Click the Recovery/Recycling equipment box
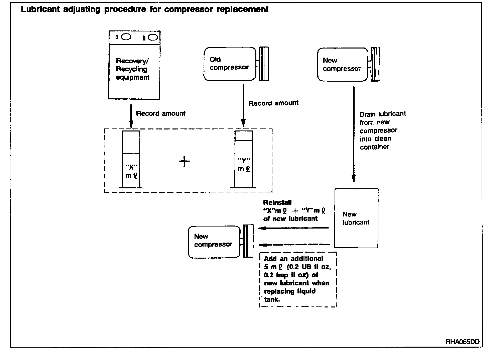pos(134,65)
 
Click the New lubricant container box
pos(356,218)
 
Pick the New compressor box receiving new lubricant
pos(214,242)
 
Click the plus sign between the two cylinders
pos(184,162)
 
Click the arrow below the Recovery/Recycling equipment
pos(131,116)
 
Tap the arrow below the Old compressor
pos(243,105)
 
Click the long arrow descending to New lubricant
pos(354,134)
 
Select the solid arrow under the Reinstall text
pos(294,228)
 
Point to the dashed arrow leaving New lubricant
pos(294,245)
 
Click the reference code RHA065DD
pos(462,342)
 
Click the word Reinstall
pos(277,202)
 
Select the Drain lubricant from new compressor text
pos(382,130)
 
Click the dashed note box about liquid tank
pos(298,279)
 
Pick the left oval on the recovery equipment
pos(126,37)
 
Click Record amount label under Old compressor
pos(273,103)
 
